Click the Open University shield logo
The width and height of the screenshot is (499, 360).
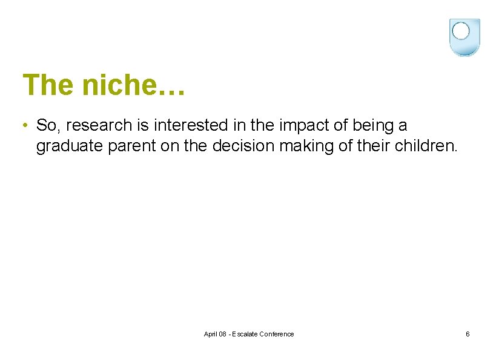[x=464, y=37]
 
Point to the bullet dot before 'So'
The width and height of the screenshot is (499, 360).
[x=23, y=126]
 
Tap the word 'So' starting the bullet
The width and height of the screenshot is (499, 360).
[x=46, y=126]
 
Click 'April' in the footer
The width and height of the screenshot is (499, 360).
[x=211, y=334]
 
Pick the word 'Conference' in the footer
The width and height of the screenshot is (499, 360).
[x=276, y=334]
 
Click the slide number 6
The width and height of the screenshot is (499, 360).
[x=468, y=334]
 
